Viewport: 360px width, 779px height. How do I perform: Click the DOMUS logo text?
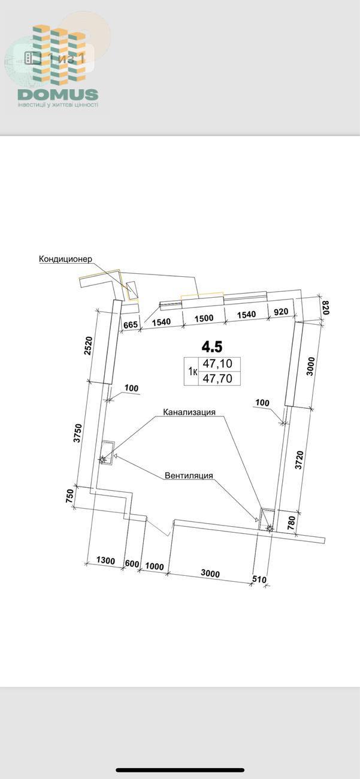tap(58, 95)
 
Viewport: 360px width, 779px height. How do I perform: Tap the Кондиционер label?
tap(65, 259)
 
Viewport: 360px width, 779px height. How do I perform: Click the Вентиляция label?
tap(189, 476)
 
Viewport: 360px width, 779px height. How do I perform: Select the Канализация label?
tap(189, 412)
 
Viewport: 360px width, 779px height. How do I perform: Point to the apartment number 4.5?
tap(212, 346)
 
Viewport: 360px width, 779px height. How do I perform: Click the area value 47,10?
tap(217, 364)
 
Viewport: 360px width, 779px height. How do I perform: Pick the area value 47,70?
tap(217, 378)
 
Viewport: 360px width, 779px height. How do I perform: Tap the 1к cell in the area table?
tap(193, 372)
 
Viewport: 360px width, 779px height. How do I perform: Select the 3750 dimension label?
tap(78, 433)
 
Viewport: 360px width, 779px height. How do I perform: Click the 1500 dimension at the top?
tap(204, 318)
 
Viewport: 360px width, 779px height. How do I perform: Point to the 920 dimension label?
tap(281, 312)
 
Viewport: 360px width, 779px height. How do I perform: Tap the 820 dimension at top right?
tap(325, 308)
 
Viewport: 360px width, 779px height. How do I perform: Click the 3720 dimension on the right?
tap(299, 460)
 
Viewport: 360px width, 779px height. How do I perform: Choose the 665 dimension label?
tap(131, 325)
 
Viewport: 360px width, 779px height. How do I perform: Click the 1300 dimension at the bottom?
tap(105, 560)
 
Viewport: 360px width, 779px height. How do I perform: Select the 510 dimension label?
tap(259, 579)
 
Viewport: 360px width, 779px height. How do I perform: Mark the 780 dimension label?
tap(291, 523)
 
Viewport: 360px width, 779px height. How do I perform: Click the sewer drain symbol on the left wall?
tap(102, 460)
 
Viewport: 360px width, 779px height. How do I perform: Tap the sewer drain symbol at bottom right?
tap(270, 529)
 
